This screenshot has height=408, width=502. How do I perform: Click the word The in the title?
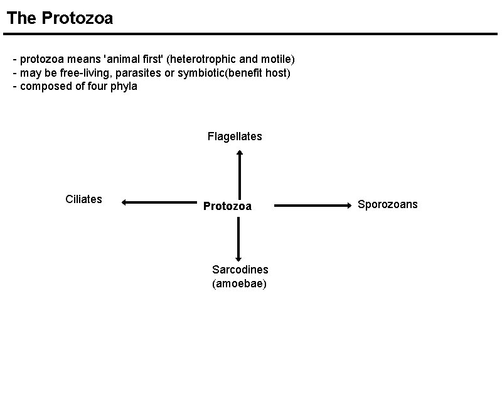click(x=22, y=18)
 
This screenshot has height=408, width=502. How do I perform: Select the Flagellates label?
click(x=235, y=136)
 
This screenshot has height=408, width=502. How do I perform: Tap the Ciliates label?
click(x=83, y=199)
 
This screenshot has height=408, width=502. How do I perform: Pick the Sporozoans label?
click(x=387, y=204)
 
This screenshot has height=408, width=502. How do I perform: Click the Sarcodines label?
click(x=240, y=270)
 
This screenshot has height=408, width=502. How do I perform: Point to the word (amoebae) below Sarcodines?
click(x=240, y=284)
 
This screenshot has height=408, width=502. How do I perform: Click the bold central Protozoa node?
click(x=227, y=206)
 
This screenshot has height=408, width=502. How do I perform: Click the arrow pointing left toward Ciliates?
click(x=159, y=202)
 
